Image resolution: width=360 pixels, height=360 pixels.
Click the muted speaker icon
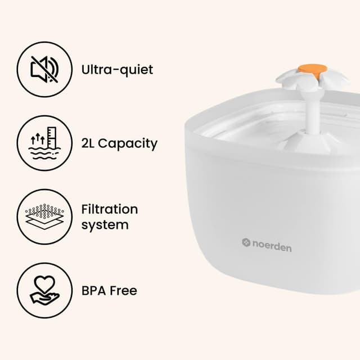(x=45, y=69)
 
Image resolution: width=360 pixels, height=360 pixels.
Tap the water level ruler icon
(x=45, y=143)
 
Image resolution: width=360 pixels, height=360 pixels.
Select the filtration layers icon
(x=45, y=217)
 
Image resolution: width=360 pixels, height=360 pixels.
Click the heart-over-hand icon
(x=45, y=290)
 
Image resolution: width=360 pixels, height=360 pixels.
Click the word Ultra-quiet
(x=117, y=69)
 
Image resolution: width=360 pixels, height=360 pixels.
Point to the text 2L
(x=88, y=143)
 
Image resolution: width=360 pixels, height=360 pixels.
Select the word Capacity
(x=128, y=145)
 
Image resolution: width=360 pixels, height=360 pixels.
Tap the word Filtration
(x=110, y=209)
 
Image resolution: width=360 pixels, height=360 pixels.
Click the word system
(x=105, y=225)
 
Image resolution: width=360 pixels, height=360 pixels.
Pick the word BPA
(x=94, y=291)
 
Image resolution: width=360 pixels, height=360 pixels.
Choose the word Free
(x=123, y=291)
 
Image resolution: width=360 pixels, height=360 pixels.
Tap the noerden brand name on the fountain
(x=272, y=248)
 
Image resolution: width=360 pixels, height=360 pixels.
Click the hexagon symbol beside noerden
(x=246, y=242)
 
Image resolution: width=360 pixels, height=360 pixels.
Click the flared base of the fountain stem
(x=308, y=143)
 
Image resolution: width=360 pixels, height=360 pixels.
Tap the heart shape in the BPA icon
(x=44, y=283)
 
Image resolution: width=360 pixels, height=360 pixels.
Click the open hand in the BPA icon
(x=45, y=298)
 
